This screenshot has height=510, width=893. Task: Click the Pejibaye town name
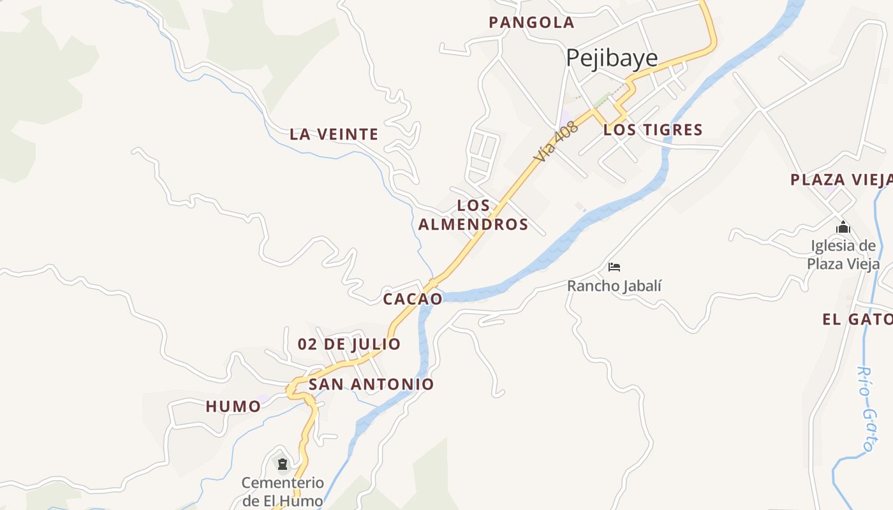pos(612,58)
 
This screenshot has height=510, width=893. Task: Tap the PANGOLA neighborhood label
pos(531,23)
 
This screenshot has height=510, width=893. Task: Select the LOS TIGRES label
pos(653,130)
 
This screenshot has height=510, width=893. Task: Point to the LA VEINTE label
pos(334,135)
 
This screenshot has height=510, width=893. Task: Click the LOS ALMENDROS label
pos(473,215)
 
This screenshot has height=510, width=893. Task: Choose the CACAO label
pos(413,299)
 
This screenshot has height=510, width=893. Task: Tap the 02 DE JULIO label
pos(349,344)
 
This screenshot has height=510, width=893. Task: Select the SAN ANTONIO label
pos(371,384)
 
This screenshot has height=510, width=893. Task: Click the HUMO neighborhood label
pos(233,407)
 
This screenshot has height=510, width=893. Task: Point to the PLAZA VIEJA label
pos(841,180)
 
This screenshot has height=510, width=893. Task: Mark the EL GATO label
pos(857,320)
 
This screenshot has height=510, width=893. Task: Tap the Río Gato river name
pos(865,409)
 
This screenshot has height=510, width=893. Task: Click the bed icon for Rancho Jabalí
pos(614,266)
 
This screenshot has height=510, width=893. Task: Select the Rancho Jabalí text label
pos(614,286)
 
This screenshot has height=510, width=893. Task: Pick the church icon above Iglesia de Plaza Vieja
pos(843,228)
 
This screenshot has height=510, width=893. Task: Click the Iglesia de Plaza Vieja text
pos(843,255)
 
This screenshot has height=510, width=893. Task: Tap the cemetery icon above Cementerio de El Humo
pos(283,463)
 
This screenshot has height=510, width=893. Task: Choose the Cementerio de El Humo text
pos(283,492)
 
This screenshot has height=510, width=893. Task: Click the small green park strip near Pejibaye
pos(601,101)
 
